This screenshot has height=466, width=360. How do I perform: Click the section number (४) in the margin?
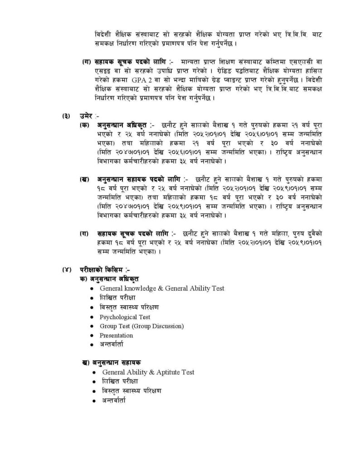[x=67, y=270]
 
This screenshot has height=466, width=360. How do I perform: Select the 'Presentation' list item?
[x=116, y=335]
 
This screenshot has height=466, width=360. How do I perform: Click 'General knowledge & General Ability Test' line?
[x=162, y=288]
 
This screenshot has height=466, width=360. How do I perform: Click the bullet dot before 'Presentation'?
[x=92, y=336]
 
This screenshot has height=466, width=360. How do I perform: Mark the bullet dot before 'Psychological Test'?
[x=92, y=318]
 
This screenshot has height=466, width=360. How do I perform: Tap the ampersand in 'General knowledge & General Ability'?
[x=161, y=288]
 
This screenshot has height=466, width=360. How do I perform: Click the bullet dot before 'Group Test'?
[x=92, y=327]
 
